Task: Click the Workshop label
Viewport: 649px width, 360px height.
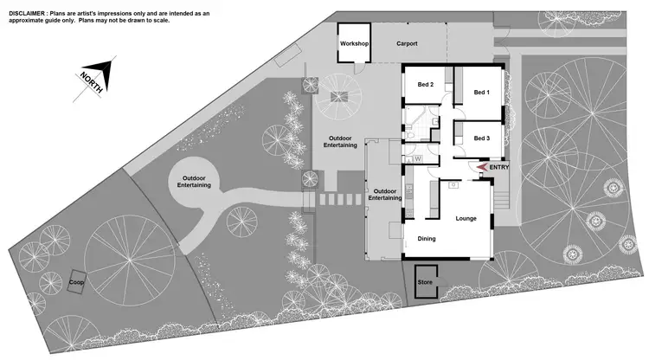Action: coord(355,43)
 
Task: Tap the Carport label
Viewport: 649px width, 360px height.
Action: coord(408,43)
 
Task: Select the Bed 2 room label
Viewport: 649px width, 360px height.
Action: coord(426,85)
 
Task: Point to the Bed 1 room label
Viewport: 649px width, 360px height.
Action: coord(481,93)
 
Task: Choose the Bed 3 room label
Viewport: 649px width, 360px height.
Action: coord(481,138)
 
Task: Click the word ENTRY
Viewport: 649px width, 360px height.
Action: coord(500,167)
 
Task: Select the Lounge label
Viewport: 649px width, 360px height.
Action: coord(466,218)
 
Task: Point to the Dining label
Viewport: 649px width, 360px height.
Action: coord(427,239)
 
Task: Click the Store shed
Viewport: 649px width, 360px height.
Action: coord(425,282)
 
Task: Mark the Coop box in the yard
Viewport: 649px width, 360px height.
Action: coord(77,282)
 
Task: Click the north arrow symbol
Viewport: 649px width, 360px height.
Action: coord(93,75)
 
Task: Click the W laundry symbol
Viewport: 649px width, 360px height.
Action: coord(418,158)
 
